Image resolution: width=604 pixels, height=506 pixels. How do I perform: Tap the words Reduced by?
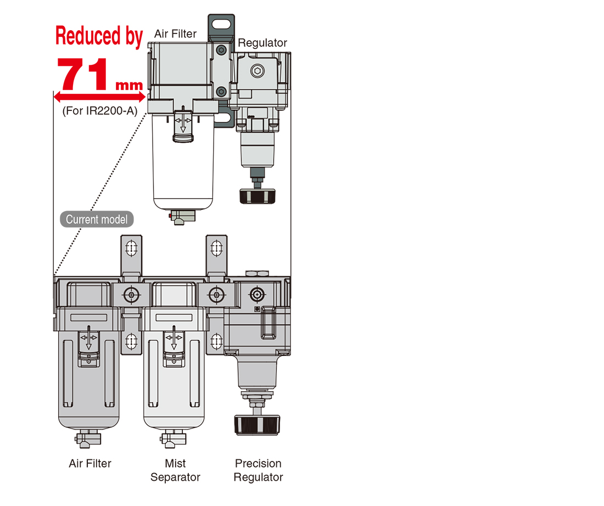pyautogui.click(x=99, y=36)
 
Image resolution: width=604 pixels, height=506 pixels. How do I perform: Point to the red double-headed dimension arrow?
pyautogui.click(x=99, y=97)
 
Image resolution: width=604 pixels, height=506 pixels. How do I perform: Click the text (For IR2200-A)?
pyautogui.click(x=99, y=110)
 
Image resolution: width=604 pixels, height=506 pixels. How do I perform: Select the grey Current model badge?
pyautogui.click(x=97, y=220)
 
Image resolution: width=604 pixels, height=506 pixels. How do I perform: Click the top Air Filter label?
pyautogui.click(x=175, y=34)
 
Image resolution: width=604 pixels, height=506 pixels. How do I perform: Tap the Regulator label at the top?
pyautogui.click(x=262, y=43)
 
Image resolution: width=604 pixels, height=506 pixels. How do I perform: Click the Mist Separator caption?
pyautogui.click(x=175, y=470)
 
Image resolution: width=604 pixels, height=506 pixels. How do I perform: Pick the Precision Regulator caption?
pyautogui.click(x=258, y=470)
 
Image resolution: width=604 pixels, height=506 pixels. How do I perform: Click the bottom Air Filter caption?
pyautogui.click(x=90, y=464)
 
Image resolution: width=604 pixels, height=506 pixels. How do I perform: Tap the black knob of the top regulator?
pyautogui.click(x=257, y=196)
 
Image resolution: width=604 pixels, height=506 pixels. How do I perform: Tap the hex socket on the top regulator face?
pyautogui.click(x=258, y=71)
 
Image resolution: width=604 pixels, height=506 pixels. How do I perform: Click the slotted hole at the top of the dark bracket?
pyautogui.click(x=222, y=24)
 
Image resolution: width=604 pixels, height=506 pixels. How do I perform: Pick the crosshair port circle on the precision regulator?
pyautogui.click(x=256, y=294)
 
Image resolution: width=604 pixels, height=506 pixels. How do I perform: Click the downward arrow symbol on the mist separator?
pyautogui.click(x=175, y=338)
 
